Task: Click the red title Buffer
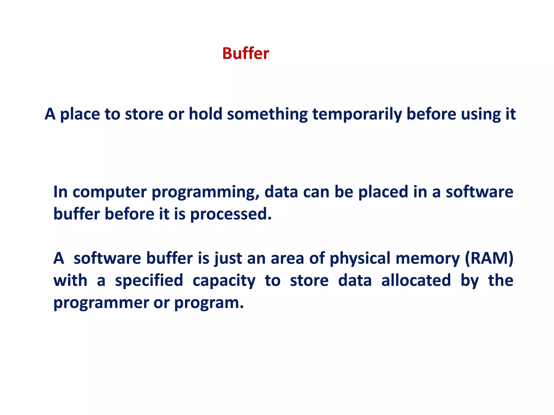pos(246,53)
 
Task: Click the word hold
pos(205,114)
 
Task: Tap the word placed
pos(383,192)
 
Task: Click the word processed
pos(231,215)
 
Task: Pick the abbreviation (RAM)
pos(489,258)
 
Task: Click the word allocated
pos(416,280)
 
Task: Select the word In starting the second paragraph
pos(60,192)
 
